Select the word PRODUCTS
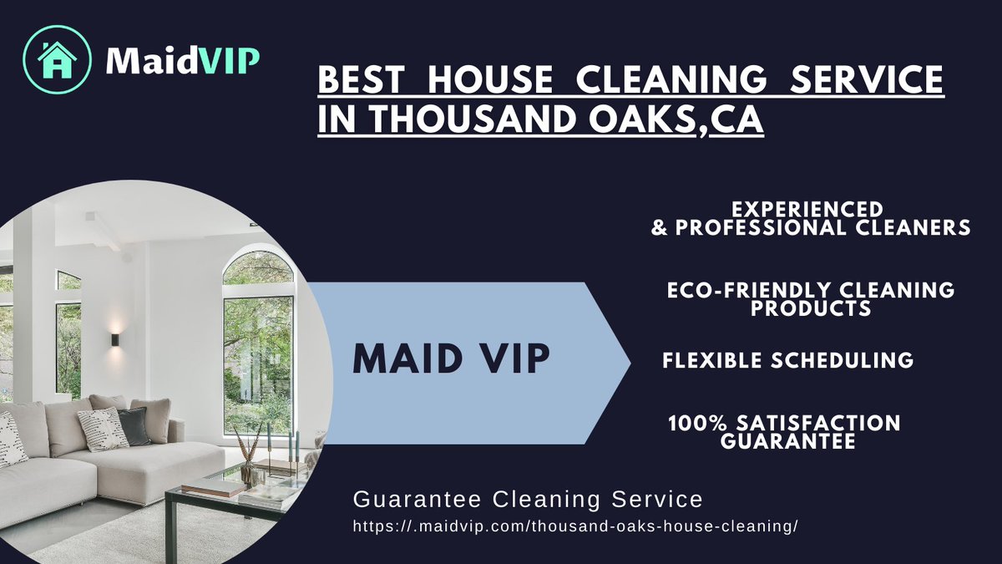point(811,308)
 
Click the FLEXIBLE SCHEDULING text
point(787,360)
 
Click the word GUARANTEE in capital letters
point(788,441)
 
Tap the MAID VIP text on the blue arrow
point(452,358)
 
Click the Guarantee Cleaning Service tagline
point(528,500)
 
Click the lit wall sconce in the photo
point(115,339)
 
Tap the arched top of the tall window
point(258,267)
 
